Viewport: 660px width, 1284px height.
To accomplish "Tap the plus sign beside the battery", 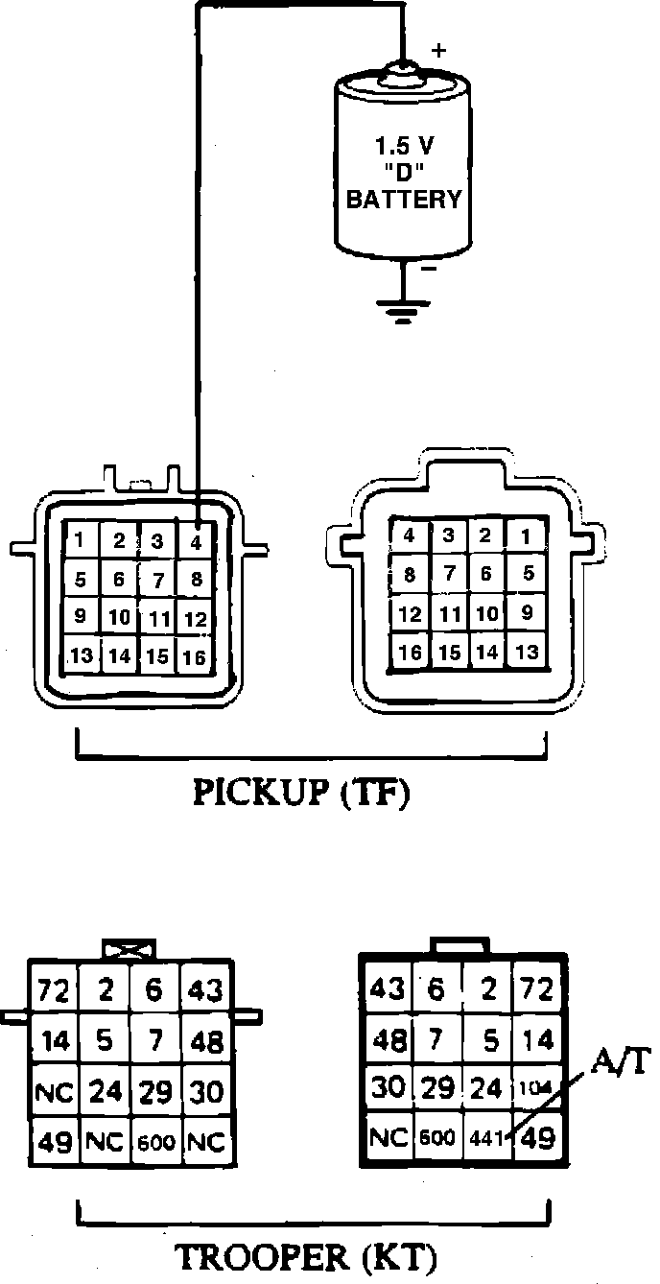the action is [x=439, y=50].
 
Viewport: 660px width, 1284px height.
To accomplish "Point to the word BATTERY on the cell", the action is [x=403, y=201].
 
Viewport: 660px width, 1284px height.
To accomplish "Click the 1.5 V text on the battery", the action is [x=403, y=150].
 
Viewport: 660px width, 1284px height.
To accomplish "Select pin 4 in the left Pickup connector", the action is [x=196, y=541].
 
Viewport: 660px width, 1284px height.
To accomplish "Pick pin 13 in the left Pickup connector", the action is [x=82, y=656].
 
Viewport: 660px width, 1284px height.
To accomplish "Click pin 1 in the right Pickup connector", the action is [x=524, y=535].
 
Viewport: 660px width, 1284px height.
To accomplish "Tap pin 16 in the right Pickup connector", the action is [x=410, y=653].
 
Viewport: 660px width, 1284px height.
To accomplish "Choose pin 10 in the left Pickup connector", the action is [x=119, y=618].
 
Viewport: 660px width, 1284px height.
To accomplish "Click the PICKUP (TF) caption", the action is [x=301, y=795].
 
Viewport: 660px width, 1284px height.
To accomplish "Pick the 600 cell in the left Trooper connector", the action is [x=156, y=1143].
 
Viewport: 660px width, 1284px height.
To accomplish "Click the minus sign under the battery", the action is [x=430, y=270].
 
